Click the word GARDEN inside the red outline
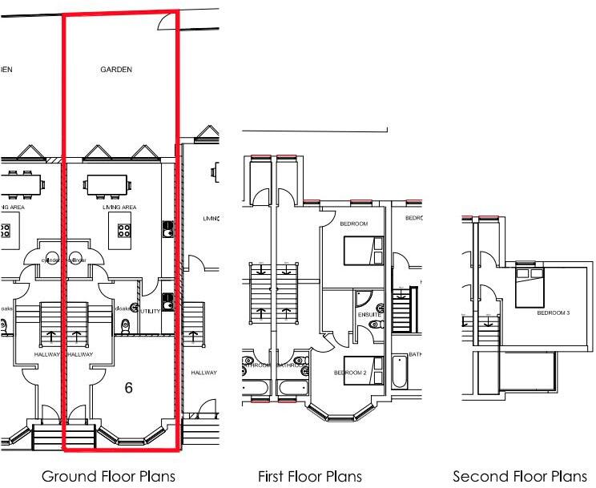pos(116,70)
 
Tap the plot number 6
pos(128,388)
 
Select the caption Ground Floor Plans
pos(108,477)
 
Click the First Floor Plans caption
pos(310,477)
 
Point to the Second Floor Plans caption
pos(524,477)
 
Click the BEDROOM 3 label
pos(553,313)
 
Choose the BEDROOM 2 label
pos(350,373)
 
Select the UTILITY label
pos(150,310)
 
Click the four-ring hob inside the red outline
pos(126,231)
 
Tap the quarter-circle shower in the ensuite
pos(364,299)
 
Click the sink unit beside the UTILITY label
pos(167,302)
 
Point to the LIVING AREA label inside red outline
pos(119,208)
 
